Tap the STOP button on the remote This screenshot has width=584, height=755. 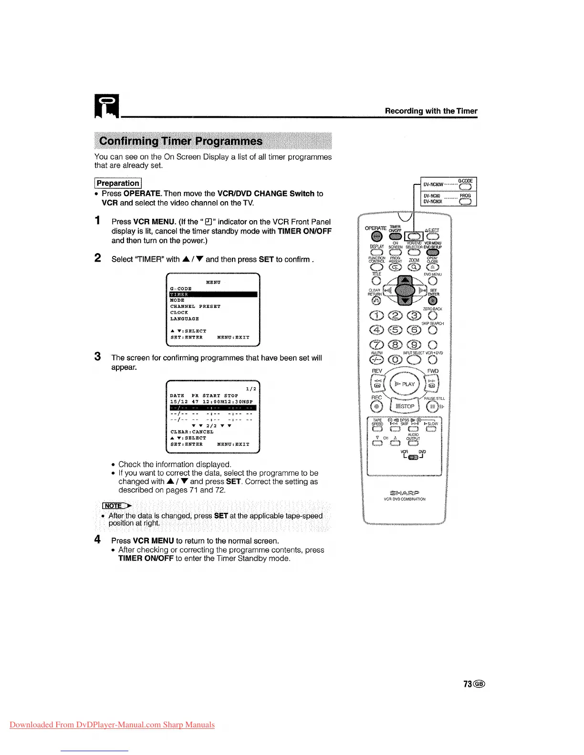(x=405, y=406)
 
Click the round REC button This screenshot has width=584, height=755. (x=377, y=407)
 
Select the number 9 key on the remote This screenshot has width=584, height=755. (x=415, y=345)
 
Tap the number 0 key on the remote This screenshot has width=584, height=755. (x=396, y=360)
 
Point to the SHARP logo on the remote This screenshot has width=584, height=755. (x=405, y=492)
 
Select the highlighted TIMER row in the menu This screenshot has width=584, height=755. (x=213, y=295)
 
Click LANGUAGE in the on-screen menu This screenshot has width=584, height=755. (x=185, y=319)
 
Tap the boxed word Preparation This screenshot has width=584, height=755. (x=118, y=183)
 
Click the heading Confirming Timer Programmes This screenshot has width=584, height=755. (x=180, y=141)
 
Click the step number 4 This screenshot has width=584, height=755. (x=97, y=540)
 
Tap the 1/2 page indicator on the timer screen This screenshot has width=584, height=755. (x=251, y=388)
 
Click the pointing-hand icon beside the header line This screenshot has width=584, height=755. (x=107, y=107)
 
